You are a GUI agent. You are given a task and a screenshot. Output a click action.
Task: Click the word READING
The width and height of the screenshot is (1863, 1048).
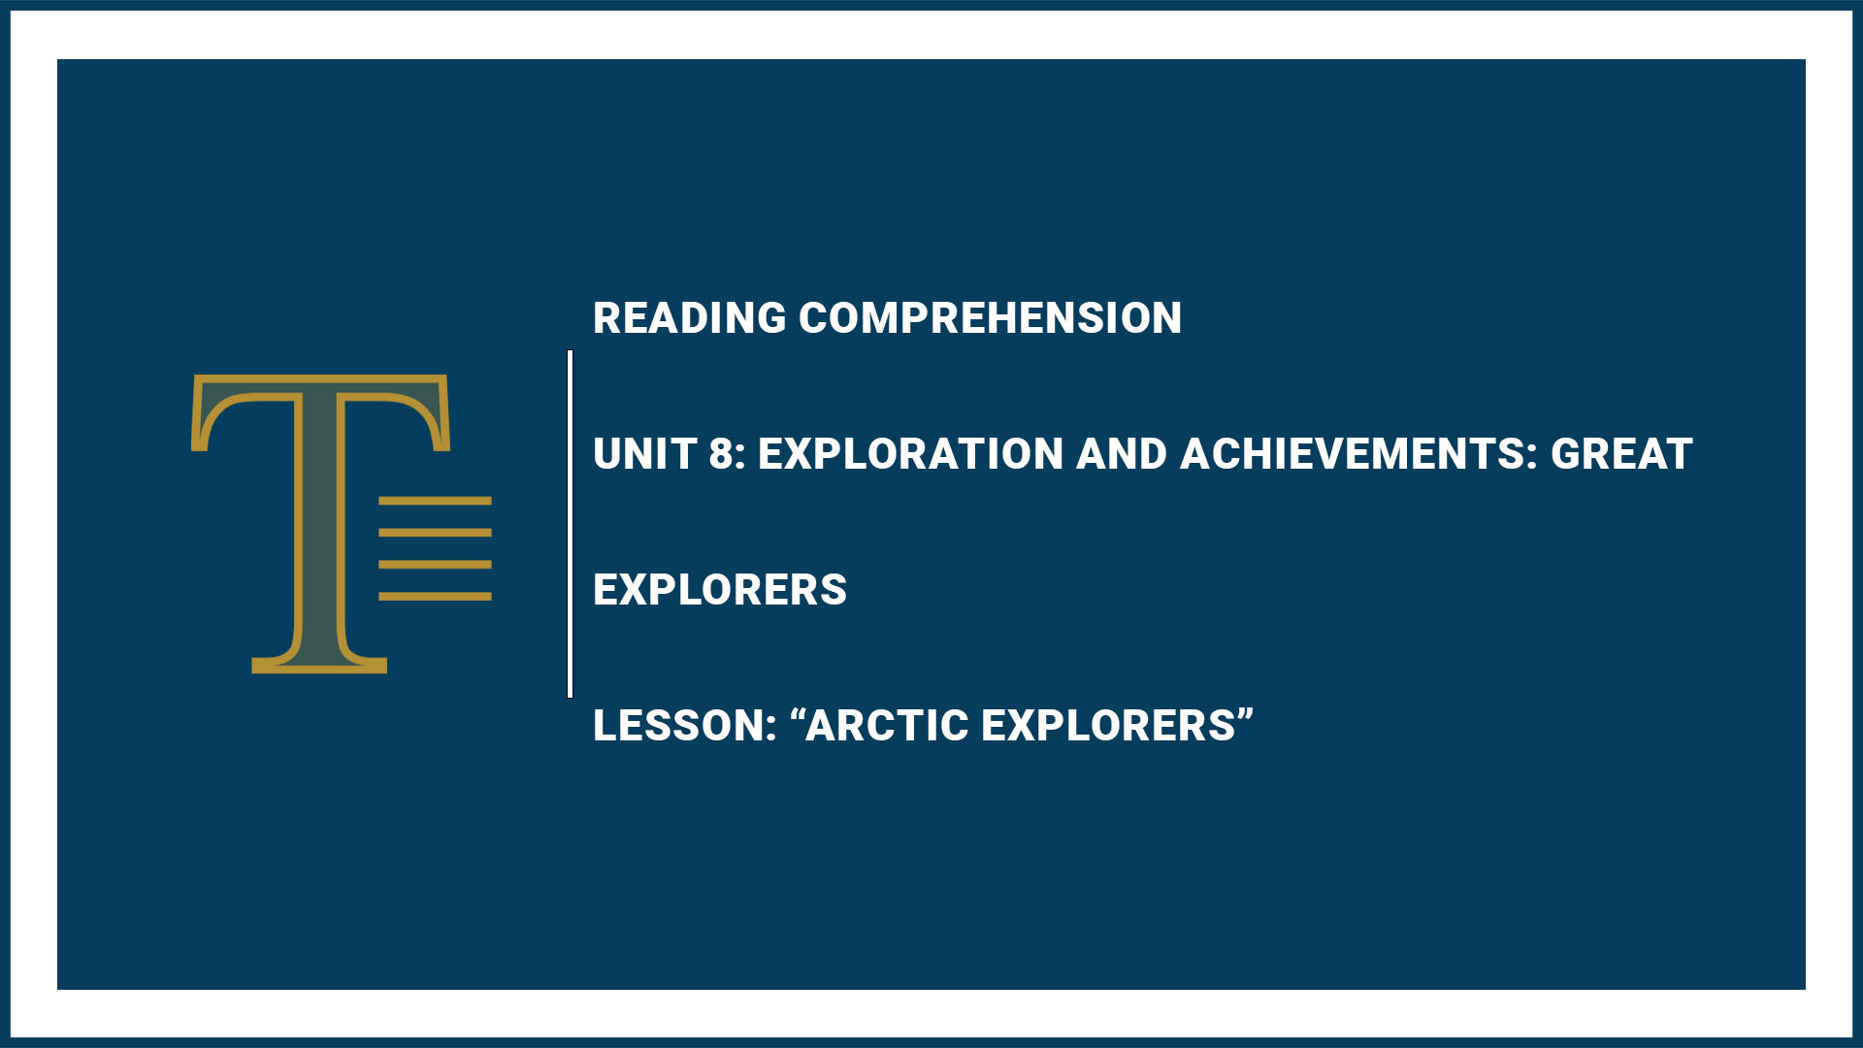coord(689,318)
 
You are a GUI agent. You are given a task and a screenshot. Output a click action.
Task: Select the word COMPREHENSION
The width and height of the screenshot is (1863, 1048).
coord(990,318)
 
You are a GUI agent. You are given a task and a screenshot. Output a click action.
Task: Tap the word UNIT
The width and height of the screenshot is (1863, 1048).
coord(643,454)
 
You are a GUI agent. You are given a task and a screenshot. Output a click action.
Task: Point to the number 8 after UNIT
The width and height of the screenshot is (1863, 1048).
coord(721,454)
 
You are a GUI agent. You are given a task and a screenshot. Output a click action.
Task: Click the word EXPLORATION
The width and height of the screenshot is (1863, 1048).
coord(910,454)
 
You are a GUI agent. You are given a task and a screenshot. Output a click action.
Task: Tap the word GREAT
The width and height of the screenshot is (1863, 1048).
coord(1621,454)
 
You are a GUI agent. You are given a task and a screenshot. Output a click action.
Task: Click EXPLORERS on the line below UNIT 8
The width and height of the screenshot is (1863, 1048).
coord(720,590)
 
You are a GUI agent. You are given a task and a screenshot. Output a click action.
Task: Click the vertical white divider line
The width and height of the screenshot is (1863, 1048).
coord(570,524)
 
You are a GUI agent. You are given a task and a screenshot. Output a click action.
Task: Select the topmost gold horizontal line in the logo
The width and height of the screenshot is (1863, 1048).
coord(435,501)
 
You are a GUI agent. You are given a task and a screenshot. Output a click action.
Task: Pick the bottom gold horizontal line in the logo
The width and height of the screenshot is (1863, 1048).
coord(435,596)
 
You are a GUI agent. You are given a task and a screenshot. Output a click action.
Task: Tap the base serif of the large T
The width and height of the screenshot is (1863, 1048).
coord(319,665)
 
